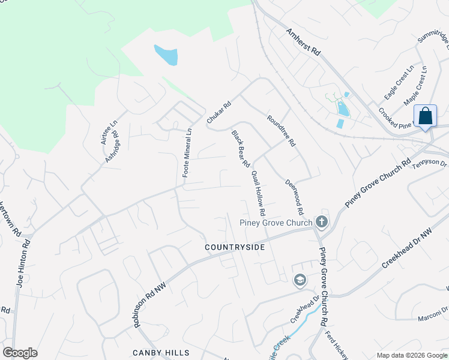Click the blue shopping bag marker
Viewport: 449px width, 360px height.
[425, 116]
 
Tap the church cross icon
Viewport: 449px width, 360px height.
[322, 223]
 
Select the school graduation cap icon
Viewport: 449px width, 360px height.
[299, 280]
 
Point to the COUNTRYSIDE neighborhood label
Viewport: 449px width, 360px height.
[235, 247]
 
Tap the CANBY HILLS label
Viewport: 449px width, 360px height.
[161, 353]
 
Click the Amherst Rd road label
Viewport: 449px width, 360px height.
[303, 41]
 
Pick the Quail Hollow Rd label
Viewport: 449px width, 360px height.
[259, 193]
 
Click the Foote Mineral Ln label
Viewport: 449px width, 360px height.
[187, 152]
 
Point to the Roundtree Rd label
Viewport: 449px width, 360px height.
[282, 131]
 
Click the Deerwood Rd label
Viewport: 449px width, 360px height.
[294, 197]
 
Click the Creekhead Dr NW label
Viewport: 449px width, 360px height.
[408, 247]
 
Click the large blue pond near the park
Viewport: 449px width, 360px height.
[166, 55]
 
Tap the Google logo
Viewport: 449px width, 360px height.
[20, 352]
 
